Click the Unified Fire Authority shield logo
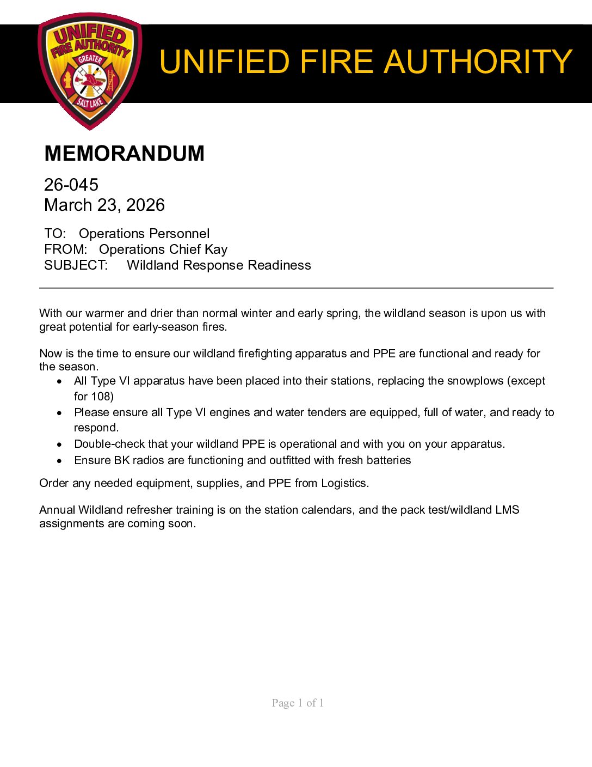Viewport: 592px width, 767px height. tap(90, 71)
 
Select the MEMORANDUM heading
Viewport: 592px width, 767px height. tap(124, 154)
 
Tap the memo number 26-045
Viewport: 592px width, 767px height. tap(71, 185)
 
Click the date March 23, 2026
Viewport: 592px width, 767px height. tap(104, 205)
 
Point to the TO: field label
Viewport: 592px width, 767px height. tap(55, 234)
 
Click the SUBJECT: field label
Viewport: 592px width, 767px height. tap(76, 265)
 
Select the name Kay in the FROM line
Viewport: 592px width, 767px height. tap(216, 249)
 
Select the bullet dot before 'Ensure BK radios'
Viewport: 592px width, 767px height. tap(59, 461)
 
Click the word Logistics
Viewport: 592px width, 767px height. tap(344, 483)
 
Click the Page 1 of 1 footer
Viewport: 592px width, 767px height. tap(298, 703)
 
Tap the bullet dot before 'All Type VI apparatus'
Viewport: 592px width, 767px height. tap(59, 381)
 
